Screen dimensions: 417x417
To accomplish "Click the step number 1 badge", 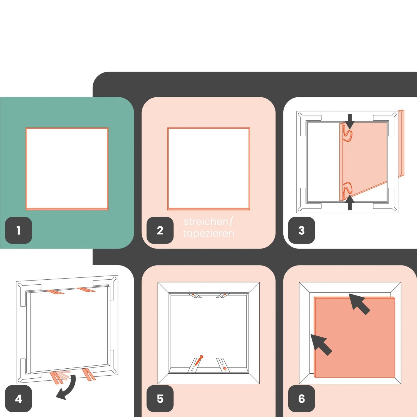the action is [19, 230].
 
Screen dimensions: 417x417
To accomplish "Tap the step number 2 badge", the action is [160, 230].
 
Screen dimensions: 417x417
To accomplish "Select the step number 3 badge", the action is [302, 230].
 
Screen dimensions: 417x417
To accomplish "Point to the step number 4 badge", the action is [19, 399].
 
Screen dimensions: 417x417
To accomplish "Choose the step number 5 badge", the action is [160, 399].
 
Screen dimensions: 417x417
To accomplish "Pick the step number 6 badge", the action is [302, 399].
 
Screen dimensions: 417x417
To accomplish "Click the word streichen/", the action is [208, 222].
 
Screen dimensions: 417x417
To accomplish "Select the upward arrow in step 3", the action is [350, 202].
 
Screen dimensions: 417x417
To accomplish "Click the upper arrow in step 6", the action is [359, 304].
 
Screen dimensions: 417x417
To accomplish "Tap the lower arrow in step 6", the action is [321, 345].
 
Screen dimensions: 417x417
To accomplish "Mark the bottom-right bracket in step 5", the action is [223, 365].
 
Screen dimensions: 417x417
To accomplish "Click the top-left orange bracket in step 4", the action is [55, 292].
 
